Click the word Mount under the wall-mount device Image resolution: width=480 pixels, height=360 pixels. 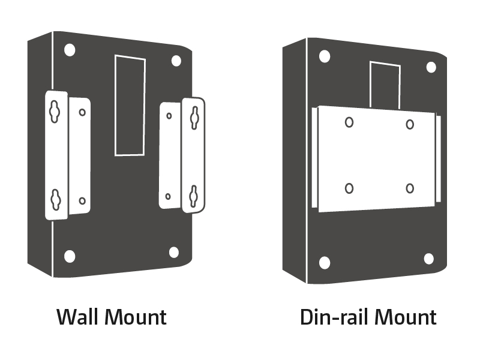136,317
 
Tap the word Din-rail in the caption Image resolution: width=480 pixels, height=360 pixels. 334,317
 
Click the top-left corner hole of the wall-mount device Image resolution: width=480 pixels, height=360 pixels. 70,50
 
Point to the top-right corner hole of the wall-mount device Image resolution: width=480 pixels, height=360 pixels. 176,61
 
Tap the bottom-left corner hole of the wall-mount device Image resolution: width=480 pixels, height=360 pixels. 70,256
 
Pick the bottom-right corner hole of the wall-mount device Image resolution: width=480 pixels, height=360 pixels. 174,253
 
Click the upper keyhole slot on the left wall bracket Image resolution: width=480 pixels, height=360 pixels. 55,112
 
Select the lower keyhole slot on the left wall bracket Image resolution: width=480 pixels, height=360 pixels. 55,200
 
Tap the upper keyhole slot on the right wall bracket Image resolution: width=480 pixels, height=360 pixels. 194,118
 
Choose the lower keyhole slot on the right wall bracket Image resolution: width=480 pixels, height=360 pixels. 193,196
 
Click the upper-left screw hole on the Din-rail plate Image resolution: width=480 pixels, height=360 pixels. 349,122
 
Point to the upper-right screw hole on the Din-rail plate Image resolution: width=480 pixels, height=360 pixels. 410,125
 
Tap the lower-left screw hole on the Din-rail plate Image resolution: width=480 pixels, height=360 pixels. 349,188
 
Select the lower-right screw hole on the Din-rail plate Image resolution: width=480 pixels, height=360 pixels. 410,188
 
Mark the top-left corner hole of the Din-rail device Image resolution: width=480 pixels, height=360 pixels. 325,56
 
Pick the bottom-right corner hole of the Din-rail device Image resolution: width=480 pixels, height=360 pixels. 428,259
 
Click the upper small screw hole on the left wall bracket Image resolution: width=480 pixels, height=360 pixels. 82,112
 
